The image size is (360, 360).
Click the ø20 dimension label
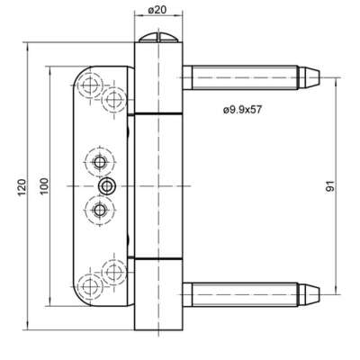tap(157, 10)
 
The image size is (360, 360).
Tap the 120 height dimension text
tap(22, 187)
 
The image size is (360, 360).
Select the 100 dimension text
tap(44, 186)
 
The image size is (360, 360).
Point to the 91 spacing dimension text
tap(329, 186)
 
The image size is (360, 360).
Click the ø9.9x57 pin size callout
tap(242, 110)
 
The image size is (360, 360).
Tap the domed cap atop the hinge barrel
tap(158, 37)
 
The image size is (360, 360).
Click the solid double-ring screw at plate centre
tap(107, 186)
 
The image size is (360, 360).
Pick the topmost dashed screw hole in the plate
tap(90, 85)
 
